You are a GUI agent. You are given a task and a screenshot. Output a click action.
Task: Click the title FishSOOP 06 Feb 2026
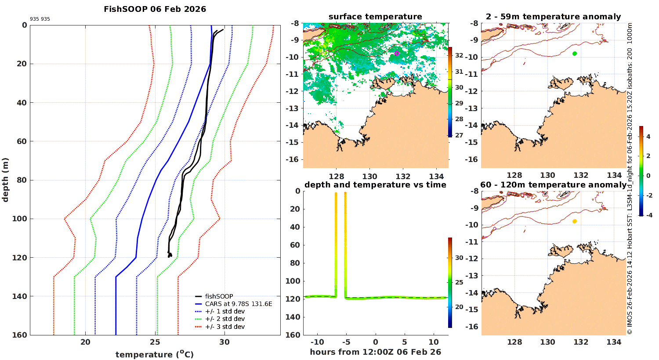155,9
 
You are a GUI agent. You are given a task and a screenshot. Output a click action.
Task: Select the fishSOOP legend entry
219,296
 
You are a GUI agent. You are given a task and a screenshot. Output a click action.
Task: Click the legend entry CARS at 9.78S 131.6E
238,304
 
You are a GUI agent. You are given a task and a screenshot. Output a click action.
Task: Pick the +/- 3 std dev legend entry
224,327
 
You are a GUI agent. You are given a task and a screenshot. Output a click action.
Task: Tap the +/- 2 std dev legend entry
224,319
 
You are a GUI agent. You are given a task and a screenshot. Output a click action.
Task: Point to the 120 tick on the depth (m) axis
21,258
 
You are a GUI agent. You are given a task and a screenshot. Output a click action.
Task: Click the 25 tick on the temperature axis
155,342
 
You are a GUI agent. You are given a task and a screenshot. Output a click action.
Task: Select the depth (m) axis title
6,180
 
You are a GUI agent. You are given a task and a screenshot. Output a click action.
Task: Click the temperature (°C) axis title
155,354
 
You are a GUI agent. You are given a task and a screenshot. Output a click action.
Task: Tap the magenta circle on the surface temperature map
397,54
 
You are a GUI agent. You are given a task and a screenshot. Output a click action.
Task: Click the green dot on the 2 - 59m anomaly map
575,54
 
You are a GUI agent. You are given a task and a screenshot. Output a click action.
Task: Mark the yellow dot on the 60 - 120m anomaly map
575,221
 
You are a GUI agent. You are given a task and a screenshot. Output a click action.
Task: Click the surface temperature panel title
375,17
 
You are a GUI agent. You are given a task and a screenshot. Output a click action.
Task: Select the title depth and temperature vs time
375,185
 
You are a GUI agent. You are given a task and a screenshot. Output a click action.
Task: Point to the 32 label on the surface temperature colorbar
459,55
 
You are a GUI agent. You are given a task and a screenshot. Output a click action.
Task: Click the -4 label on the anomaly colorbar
648,215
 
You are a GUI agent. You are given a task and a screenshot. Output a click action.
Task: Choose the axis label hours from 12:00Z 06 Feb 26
375,352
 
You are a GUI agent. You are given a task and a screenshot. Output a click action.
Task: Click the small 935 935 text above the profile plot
40,19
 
